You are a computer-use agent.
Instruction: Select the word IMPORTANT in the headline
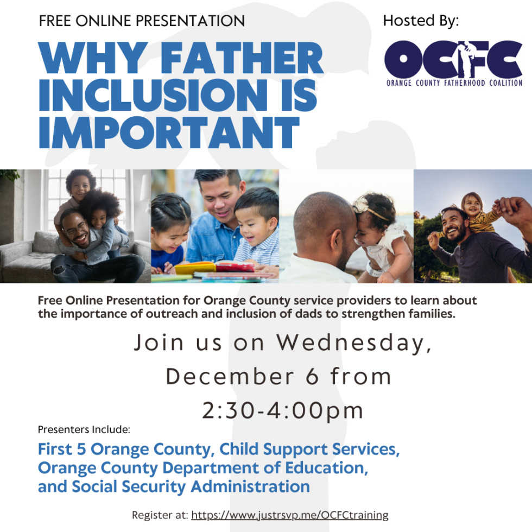point(169,132)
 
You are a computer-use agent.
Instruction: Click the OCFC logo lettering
point(453,60)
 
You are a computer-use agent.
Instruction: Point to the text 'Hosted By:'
point(421,21)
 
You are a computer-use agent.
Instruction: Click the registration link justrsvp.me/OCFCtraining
point(290,515)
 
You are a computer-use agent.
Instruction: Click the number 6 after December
point(311,377)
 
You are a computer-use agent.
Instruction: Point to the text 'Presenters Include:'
point(84,430)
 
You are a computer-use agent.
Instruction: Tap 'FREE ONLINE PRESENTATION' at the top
point(142,21)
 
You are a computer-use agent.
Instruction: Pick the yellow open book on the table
point(195,267)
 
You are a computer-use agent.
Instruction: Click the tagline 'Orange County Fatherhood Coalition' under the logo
point(454,83)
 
